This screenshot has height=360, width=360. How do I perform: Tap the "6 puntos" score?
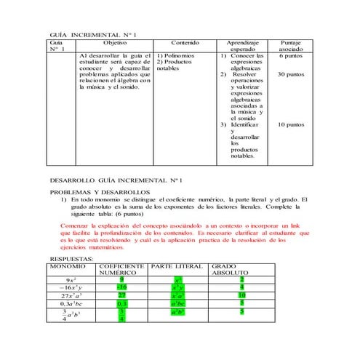[291, 56]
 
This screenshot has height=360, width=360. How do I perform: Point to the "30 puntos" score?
[291, 74]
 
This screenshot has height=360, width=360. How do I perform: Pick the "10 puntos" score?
[291, 124]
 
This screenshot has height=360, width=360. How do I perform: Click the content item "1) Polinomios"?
[176, 56]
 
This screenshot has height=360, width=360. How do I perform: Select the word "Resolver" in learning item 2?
[244, 74]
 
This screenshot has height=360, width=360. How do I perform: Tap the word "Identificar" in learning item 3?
[247, 124]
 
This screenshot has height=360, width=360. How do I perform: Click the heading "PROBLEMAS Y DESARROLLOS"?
[100, 191]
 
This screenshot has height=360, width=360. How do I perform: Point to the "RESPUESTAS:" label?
[71, 258]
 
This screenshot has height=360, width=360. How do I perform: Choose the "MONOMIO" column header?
[69, 266]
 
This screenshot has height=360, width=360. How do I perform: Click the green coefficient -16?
[121, 287]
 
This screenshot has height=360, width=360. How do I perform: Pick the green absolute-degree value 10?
[241, 296]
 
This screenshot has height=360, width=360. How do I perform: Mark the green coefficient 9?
[121, 279]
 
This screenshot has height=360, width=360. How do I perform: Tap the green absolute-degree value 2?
[241, 279]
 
